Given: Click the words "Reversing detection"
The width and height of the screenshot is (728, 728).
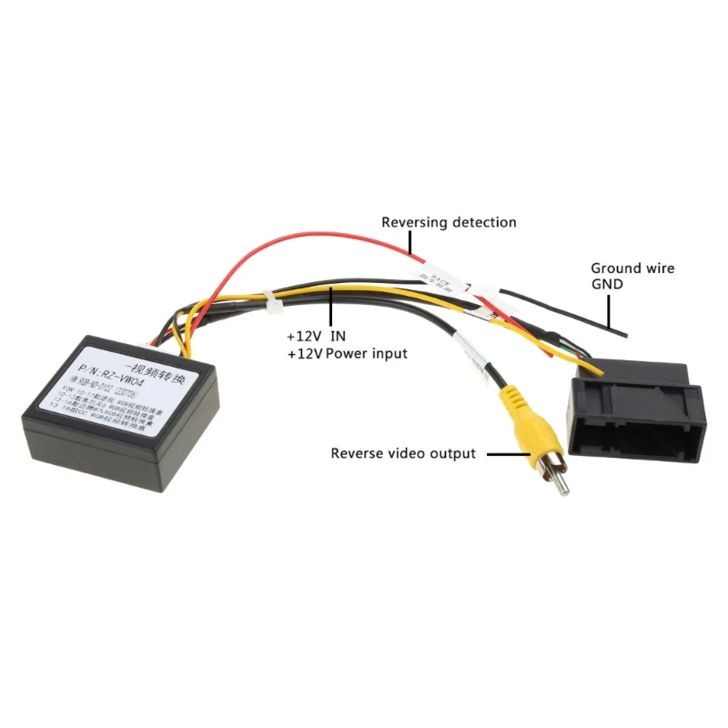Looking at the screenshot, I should (x=449, y=222).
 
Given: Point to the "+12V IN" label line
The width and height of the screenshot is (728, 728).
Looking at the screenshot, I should (x=317, y=335).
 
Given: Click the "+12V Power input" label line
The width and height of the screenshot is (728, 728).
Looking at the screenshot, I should (x=347, y=353).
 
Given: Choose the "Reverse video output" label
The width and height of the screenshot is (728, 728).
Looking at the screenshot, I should (x=402, y=453).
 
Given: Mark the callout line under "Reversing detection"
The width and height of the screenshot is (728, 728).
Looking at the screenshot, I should (x=412, y=241).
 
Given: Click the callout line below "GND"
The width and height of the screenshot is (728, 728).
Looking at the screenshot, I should (x=607, y=310).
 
